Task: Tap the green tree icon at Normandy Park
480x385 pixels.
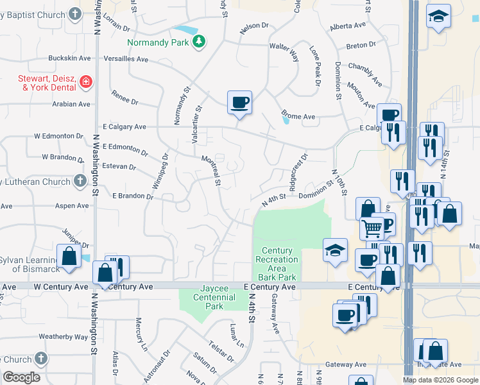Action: [x=200, y=42]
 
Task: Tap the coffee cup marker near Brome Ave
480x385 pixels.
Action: [x=239, y=103]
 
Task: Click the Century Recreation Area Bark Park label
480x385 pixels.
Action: [x=277, y=264]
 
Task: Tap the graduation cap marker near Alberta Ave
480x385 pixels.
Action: [x=439, y=17]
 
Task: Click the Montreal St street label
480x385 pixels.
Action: [x=212, y=170]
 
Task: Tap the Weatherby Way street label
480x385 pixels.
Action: [x=63, y=336]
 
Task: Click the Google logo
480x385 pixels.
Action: [x=21, y=377]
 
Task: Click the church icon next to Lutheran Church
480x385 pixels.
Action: [x=80, y=182]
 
